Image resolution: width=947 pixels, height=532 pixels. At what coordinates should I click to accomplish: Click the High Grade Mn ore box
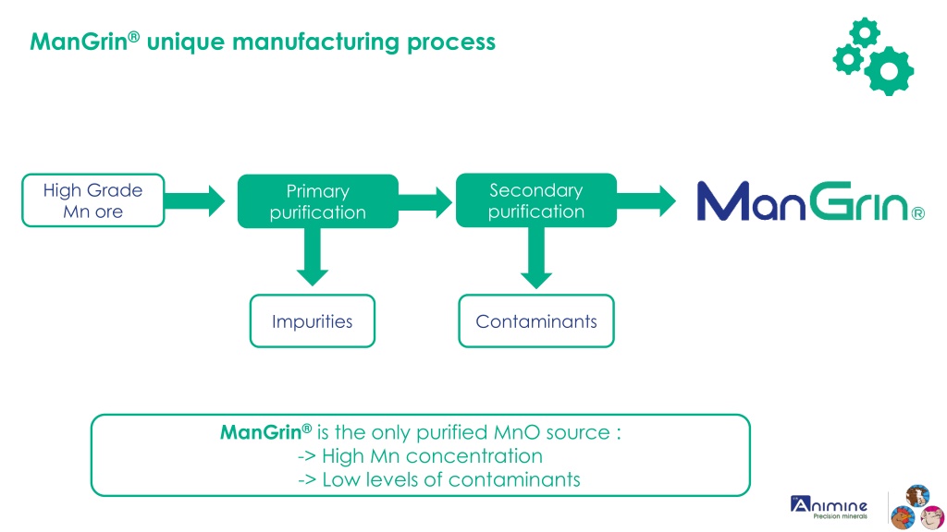click(x=93, y=200)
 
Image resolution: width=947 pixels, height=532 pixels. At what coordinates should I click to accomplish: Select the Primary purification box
click(x=318, y=201)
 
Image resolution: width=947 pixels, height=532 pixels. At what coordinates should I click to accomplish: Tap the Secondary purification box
click(x=536, y=200)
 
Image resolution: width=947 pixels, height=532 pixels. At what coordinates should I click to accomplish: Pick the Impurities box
click(x=313, y=320)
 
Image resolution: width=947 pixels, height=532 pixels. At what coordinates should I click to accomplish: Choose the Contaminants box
click(x=536, y=320)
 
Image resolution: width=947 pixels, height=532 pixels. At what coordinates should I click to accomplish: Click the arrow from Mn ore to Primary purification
click(x=194, y=200)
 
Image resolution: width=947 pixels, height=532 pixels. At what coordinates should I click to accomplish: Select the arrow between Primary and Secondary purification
click(x=425, y=202)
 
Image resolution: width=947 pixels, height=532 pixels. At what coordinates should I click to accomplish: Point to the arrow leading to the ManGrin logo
click(x=646, y=200)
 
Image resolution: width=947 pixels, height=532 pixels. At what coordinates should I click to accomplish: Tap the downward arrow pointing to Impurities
click(x=313, y=257)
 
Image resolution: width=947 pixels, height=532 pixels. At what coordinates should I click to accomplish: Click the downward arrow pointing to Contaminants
click(x=536, y=258)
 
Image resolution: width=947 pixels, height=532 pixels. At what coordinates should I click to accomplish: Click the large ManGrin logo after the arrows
click(x=810, y=201)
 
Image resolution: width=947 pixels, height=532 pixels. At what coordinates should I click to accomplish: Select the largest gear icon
click(x=889, y=71)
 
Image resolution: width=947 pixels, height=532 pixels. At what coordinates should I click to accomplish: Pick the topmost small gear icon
click(x=865, y=32)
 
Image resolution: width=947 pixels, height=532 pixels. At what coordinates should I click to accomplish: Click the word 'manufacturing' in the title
click(x=316, y=42)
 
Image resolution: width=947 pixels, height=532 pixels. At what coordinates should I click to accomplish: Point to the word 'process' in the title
click(x=451, y=43)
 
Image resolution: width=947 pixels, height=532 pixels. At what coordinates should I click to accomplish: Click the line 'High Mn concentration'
click(x=421, y=456)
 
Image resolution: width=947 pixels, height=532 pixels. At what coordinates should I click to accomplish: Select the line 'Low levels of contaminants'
click(x=439, y=479)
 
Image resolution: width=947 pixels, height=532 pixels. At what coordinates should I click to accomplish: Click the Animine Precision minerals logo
click(x=830, y=507)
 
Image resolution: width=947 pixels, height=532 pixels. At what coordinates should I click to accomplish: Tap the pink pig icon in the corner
click(x=932, y=517)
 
